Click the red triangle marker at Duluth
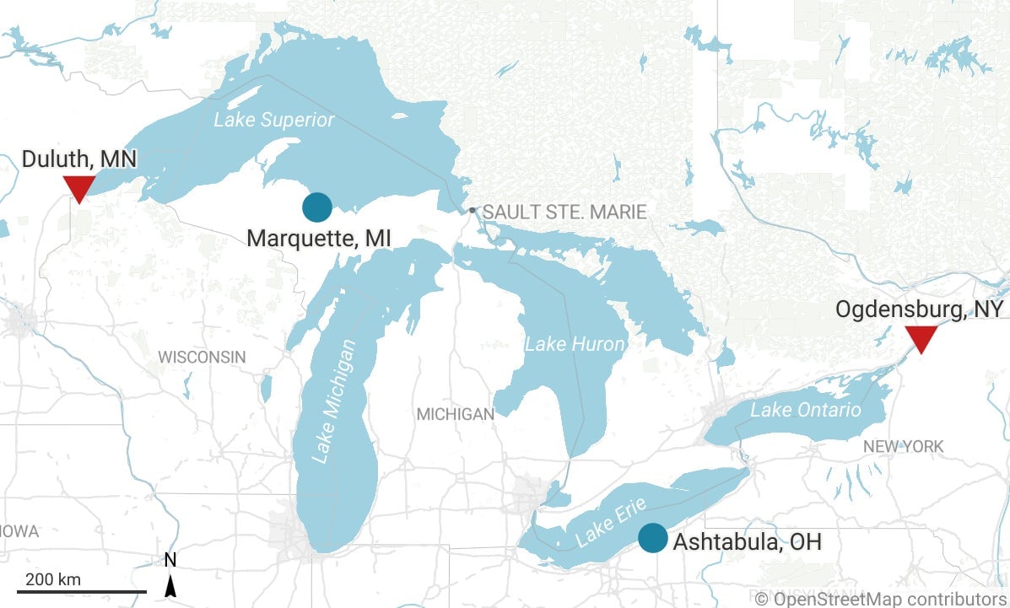tap(78, 188)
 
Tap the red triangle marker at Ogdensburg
tap(921, 338)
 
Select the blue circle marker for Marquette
tap(317, 207)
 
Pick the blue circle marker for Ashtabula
tap(652, 538)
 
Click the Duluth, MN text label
tap(78, 159)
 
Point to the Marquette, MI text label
tap(319, 239)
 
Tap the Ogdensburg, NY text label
tap(919, 309)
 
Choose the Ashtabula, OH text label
tap(747, 541)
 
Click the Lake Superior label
tap(273, 120)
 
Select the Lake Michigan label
tap(334, 401)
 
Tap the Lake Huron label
tap(575, 344)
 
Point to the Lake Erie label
tap(610, 520)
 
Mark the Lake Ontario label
tap(806, 410)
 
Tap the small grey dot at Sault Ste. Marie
tap(473, 210)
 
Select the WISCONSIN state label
tap(202, 357)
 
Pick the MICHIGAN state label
tap(456, 414)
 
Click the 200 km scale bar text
tap(52, 579)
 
